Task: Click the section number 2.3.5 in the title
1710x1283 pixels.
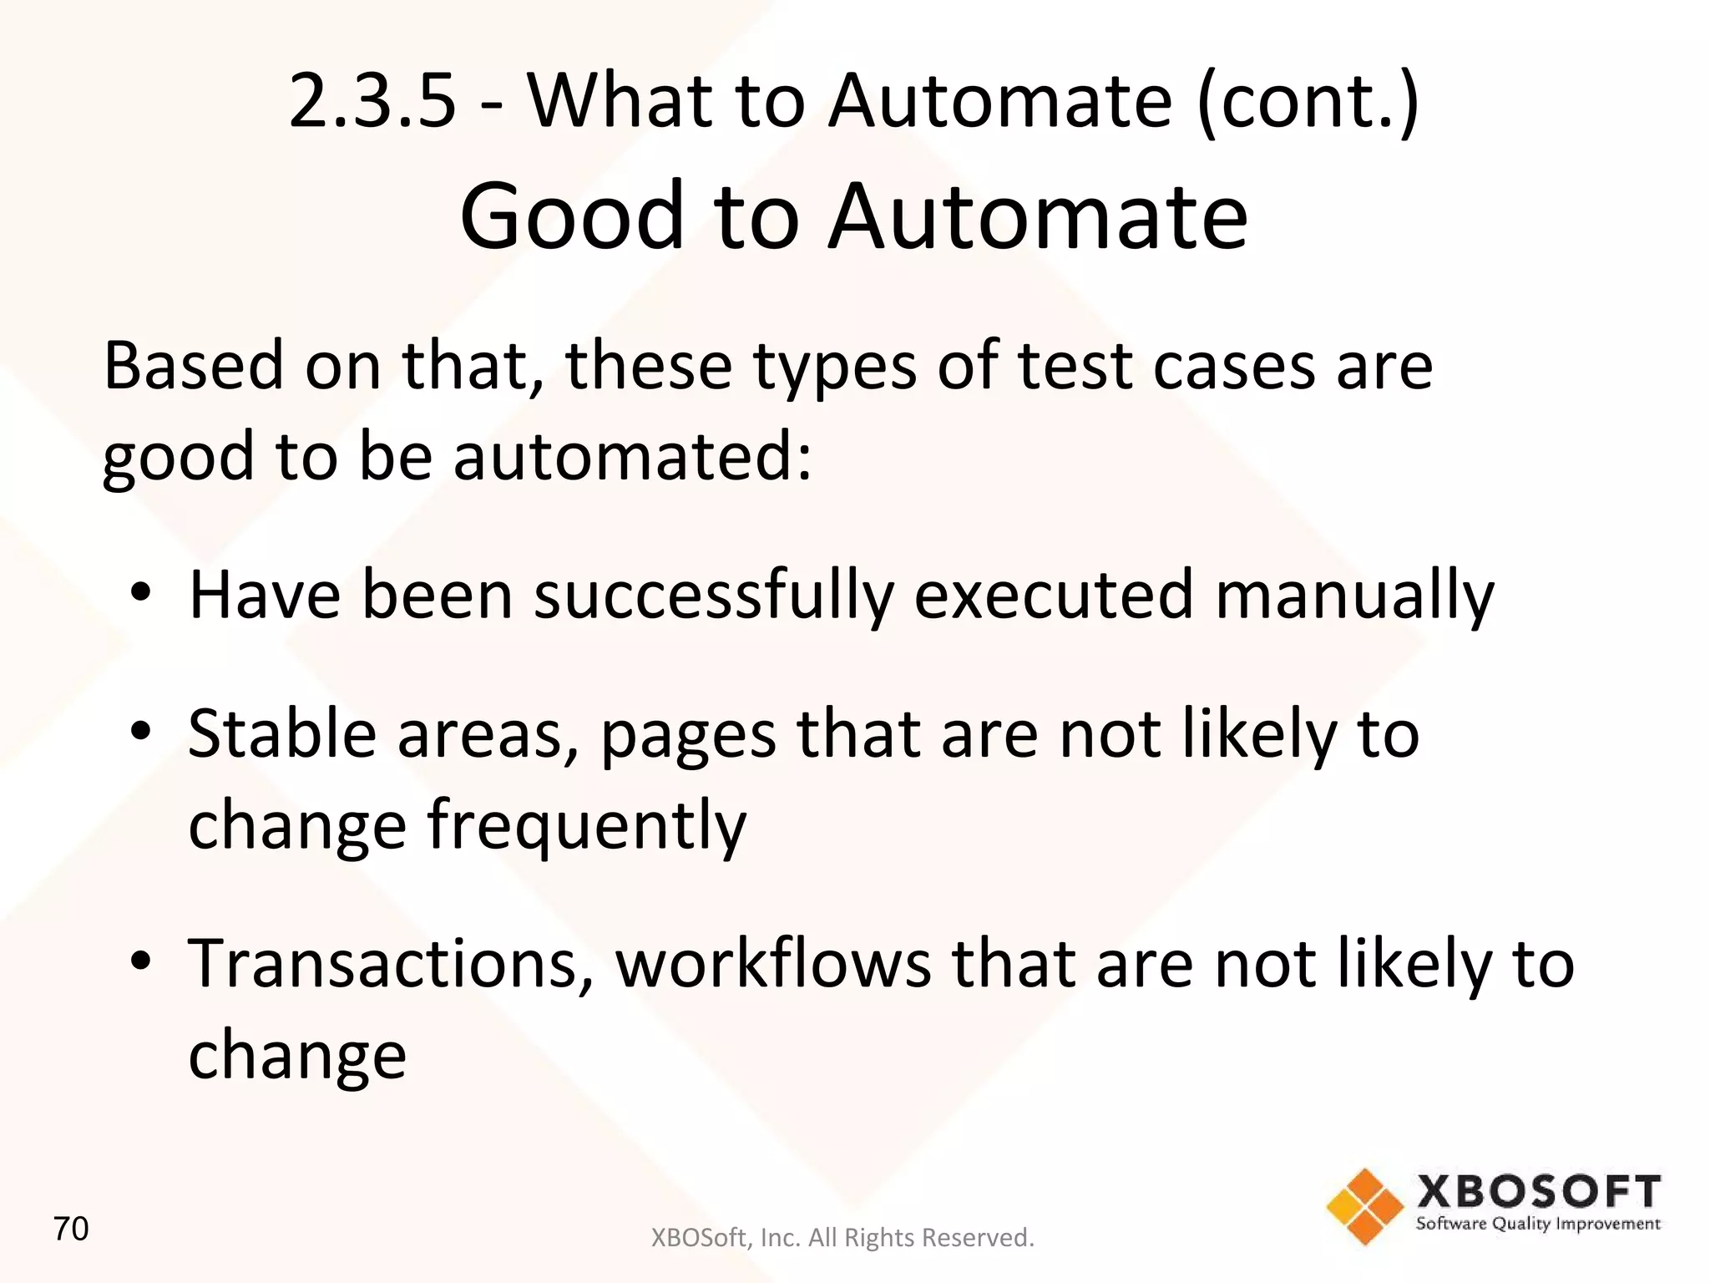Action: pos(372,102)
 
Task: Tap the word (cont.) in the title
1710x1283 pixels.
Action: pos(1308,102)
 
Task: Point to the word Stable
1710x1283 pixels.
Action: pos(282,734)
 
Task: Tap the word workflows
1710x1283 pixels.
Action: pos(773,964)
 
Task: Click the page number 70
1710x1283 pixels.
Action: pos(71,1230)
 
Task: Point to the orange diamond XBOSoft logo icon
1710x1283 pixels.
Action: pos(1364,1206)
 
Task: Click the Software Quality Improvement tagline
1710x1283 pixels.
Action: pos(1537,1225)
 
